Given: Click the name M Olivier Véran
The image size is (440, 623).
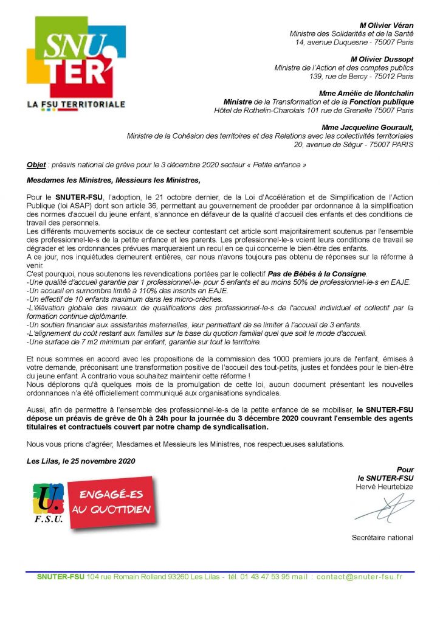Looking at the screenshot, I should (387, 25).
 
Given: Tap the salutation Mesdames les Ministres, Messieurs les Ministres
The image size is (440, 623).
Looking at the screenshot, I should (113, 181).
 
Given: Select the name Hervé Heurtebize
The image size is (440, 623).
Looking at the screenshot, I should (384, 487).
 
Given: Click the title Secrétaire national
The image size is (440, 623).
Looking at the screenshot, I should (382, 537).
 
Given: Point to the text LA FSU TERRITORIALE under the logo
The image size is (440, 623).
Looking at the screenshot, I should (76, 104).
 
